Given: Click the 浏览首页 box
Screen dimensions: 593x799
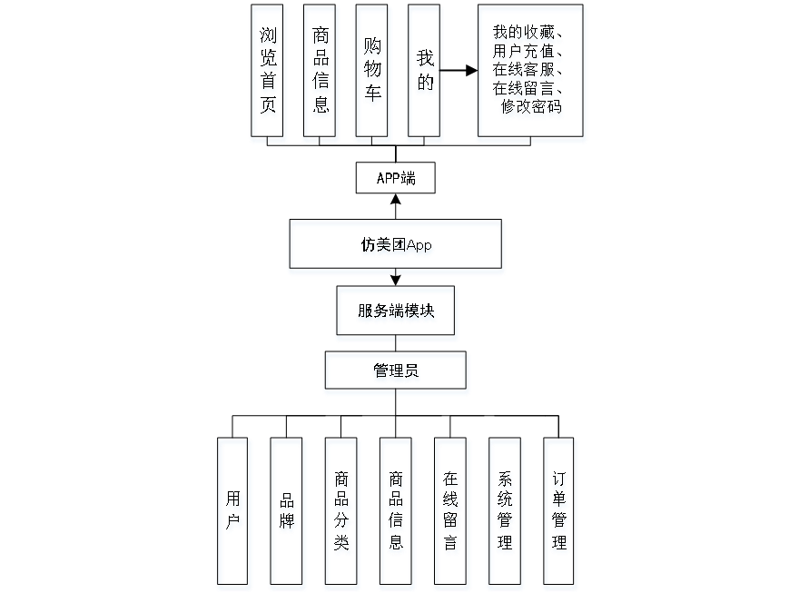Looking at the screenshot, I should [269, 74].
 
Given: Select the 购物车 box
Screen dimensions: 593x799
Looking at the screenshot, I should [374, 74].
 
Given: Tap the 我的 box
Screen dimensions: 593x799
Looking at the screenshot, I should [425, 74].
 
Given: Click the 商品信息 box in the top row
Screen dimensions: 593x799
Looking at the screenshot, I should [321, 74].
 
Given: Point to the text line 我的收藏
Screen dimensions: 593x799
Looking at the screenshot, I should [526, 35].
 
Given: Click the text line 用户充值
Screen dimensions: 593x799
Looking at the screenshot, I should [526, 53].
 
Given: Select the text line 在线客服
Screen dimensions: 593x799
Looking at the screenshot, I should [526, 71].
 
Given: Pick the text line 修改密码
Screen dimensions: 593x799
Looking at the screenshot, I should [530, 108].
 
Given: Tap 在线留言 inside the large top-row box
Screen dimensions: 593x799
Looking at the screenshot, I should [526, 90].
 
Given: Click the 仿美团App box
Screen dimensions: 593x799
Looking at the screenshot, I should [396, 247].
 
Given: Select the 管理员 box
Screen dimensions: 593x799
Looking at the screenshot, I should [397, 373].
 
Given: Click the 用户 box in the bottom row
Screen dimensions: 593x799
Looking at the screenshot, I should [234, 513].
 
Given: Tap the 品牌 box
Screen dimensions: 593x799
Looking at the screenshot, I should [287, 513].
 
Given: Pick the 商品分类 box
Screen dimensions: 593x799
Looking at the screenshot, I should [341, 513].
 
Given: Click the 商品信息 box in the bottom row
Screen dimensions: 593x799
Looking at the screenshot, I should [396, 513].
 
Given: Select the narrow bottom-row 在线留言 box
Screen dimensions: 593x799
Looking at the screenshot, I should [452, 513].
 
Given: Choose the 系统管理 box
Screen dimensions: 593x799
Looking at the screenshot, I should [506, 513].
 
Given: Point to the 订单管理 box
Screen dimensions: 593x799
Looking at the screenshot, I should [561, 513].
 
